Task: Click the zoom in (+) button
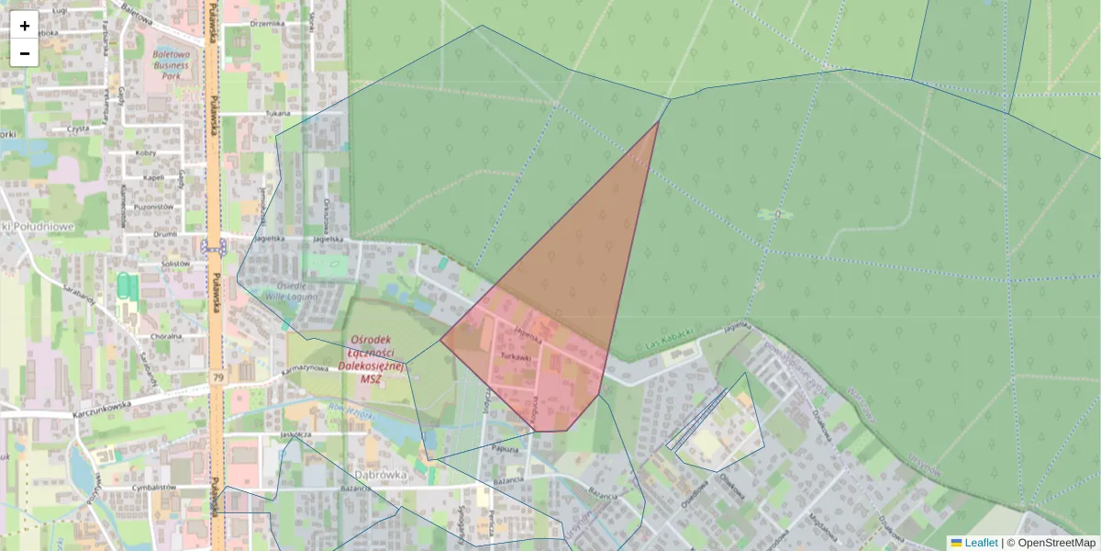click(x=25, y=26)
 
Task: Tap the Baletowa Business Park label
click(x=171, y=66)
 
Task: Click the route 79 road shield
click(x=218, y=377)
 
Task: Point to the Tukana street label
click(x=277, y=113)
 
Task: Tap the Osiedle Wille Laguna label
click(x=290, y=291)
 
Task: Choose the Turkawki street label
click(x=517, y=354)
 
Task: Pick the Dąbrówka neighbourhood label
click(x=380, y=475)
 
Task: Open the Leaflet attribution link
click(x=981, y=543)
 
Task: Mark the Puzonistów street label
click(x=153, y=207)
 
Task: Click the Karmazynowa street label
click(x=305, y=368)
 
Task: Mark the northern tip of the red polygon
click(x=659, y=121)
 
